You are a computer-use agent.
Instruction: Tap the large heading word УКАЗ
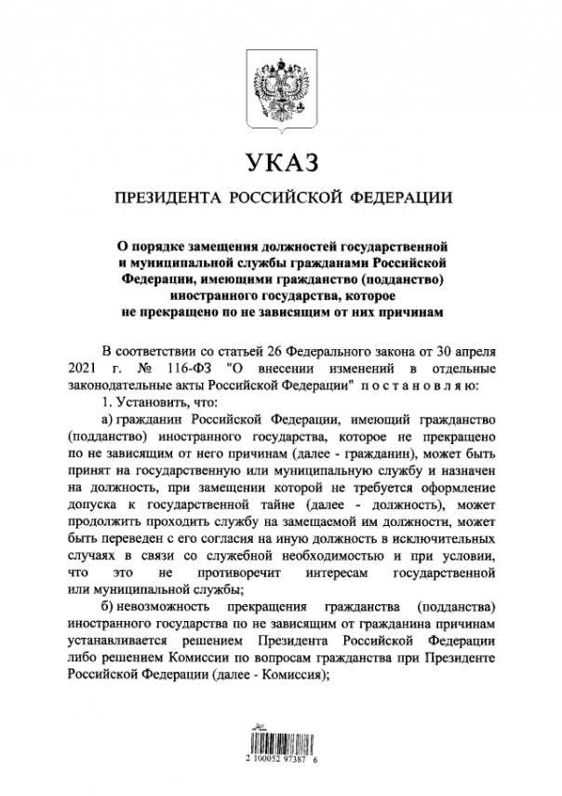pyautogui.click(x=281, y=164)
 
